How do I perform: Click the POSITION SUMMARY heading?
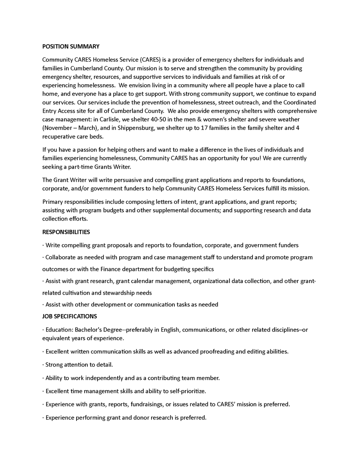[x=71, y=47]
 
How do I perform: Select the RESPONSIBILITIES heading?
[x=66, y=232]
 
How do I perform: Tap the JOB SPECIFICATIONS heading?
[x=70, y=316]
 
